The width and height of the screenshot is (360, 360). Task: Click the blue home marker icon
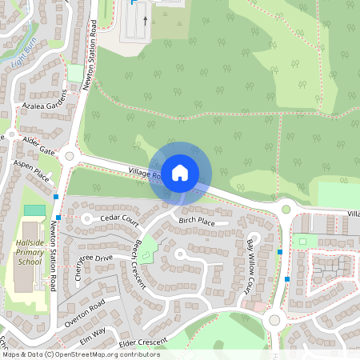(x=180, y=172)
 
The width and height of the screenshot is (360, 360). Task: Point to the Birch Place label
(x=197, y=220)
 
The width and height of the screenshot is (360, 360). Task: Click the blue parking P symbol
(x=133, y=3)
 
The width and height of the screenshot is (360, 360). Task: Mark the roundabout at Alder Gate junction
(x=69, y=157)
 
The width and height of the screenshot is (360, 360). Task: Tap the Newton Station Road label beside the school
(x=54, y=255)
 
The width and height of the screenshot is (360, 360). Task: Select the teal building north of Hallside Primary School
(x=34, y=210)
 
